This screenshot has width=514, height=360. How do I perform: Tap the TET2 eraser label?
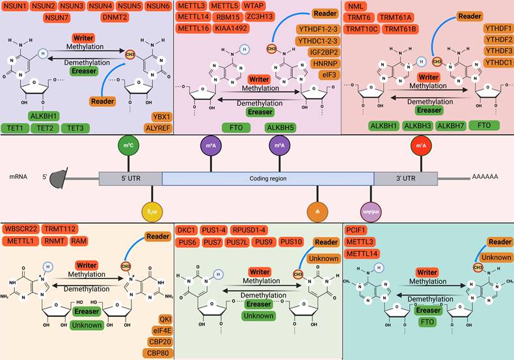click(45, 128)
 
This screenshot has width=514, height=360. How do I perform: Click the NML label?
click(356, 6)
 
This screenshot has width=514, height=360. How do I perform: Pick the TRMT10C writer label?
click(361, 29)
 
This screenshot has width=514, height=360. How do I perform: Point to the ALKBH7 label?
click(451, 125)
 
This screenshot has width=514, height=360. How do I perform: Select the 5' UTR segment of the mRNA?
click(130, 178)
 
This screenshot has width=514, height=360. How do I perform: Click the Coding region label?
click(268, 178)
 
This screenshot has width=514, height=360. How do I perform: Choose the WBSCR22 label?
click(21, 228)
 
